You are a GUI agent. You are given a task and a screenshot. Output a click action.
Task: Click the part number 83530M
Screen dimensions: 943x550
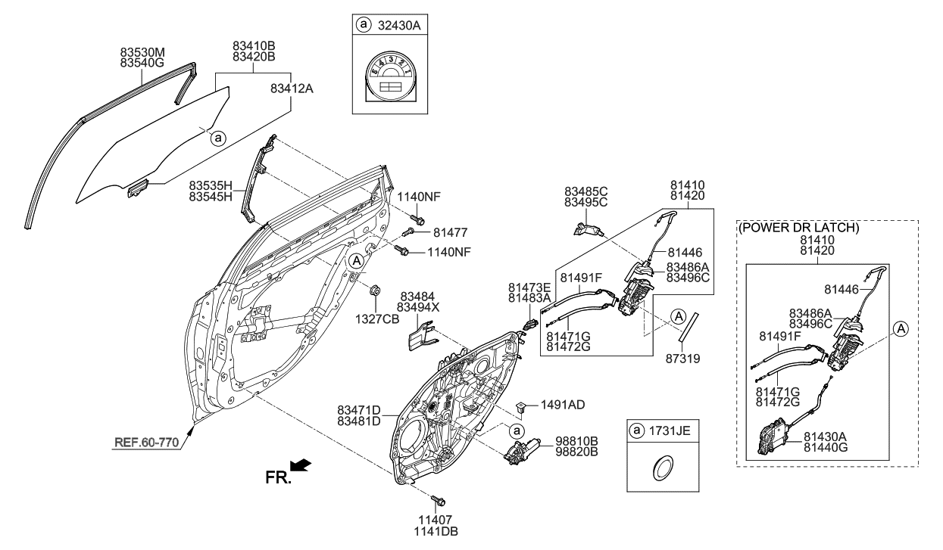(x=142, y=52)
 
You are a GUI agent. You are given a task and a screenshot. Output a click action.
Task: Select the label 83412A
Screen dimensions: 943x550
(x=292, y=89)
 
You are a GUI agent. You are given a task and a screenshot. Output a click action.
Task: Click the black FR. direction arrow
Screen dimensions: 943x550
(x=301, y=465)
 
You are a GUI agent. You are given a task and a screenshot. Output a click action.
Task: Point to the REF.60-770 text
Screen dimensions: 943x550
(x=147, y=443)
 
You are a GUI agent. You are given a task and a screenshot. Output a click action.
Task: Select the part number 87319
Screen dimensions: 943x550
(x=682, y=359)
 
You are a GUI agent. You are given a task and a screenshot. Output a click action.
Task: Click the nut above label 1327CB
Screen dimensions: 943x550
(x=374, y=291)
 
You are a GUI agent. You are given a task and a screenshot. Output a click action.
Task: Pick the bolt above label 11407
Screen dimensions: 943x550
(x=438, y=501)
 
